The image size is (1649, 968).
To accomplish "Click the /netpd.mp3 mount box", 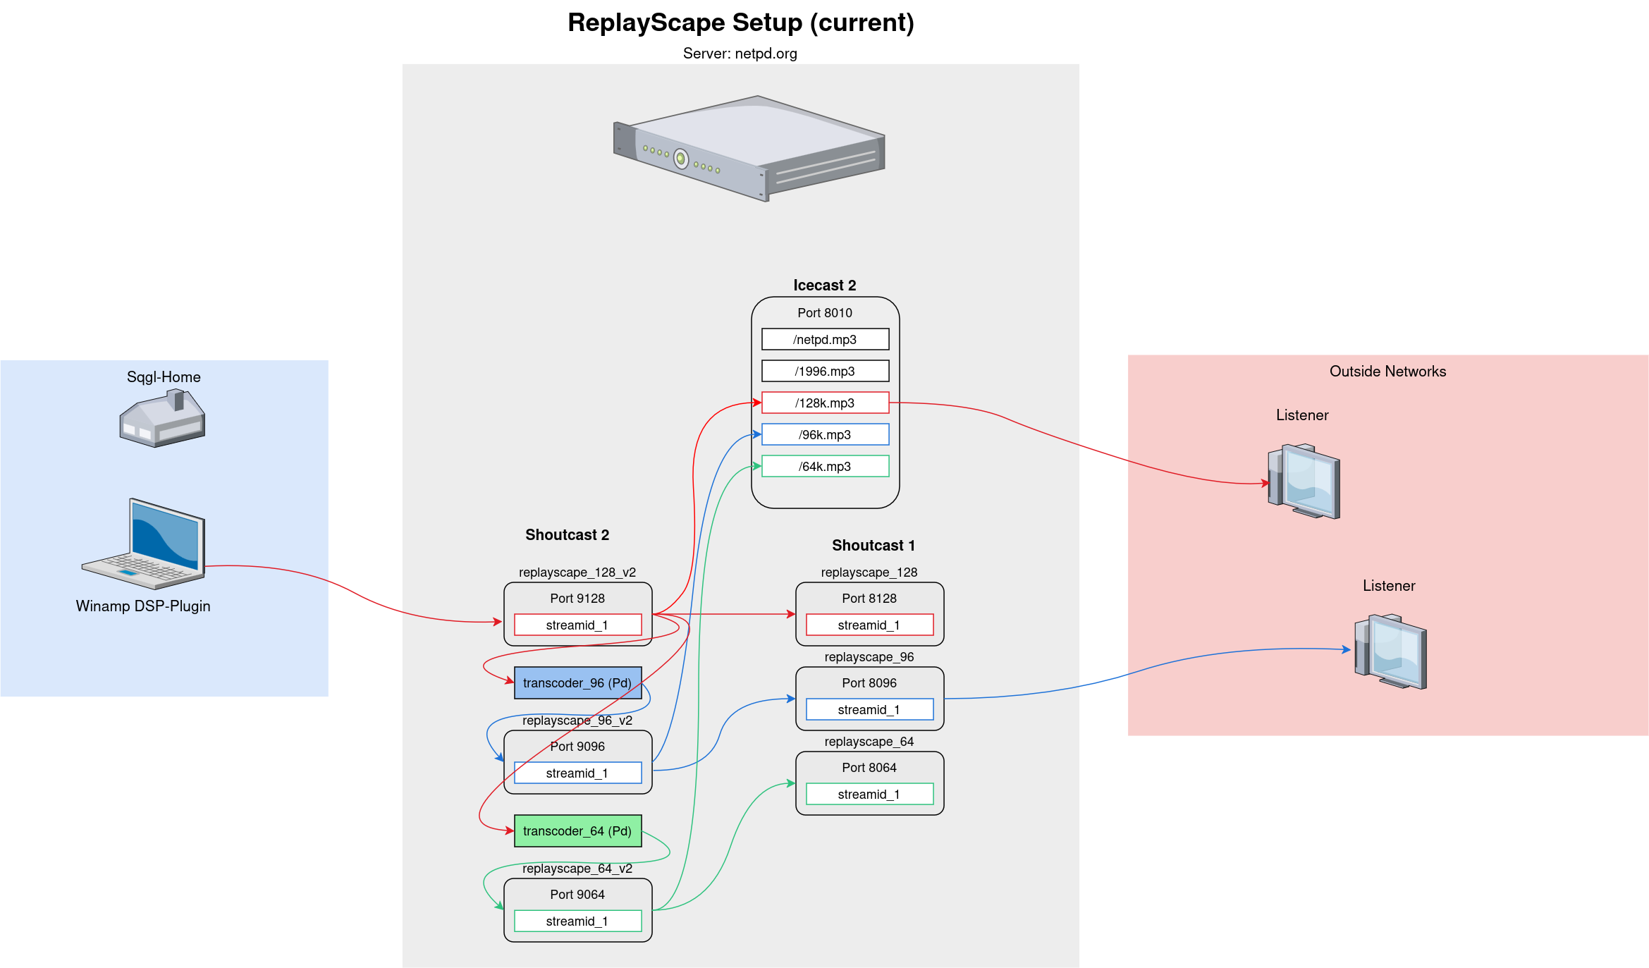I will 825,339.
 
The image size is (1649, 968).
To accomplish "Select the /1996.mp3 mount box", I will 825,371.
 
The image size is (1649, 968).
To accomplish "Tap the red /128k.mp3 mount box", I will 825,403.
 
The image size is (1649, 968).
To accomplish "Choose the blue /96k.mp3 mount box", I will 825,434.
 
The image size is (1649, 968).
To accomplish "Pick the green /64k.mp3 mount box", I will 825,466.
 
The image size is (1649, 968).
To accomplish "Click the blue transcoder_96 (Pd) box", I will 577,682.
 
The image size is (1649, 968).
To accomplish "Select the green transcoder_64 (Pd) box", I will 577,831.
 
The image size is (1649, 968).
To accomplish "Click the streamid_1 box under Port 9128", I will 577,625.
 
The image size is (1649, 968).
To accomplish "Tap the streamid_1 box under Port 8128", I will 869,625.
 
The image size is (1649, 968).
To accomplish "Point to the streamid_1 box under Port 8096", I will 869,709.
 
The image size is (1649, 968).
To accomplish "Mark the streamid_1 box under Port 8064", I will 869,794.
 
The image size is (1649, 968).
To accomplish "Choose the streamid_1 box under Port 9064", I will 577,921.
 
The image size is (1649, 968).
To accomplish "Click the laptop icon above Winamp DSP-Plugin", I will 144,544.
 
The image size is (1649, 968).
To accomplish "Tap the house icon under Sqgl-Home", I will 163,419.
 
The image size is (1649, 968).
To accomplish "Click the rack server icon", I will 749,148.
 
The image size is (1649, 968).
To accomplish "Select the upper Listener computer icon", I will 1304,481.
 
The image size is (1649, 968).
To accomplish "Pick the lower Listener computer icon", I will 1390,651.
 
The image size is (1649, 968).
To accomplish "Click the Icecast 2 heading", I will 824,285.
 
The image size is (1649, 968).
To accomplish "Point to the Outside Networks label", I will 1387,372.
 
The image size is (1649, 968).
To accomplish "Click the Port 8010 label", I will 824,312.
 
